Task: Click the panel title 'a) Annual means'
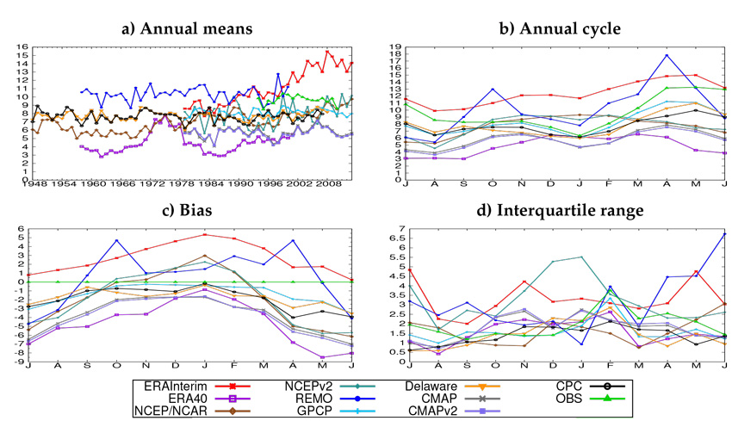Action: point(186,29)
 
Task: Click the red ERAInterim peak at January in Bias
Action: point(204,234)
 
